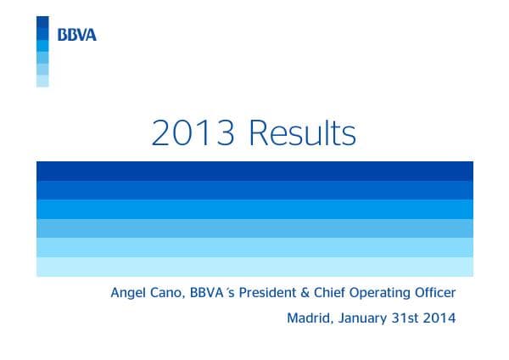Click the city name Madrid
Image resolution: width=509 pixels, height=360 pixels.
307,319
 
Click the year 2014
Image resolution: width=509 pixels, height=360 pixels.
439,319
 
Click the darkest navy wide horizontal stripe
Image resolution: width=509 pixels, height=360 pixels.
255,170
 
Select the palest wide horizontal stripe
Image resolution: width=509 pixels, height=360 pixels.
255,267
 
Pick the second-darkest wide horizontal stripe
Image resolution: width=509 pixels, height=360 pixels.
255,189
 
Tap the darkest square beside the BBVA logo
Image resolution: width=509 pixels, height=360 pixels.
42,22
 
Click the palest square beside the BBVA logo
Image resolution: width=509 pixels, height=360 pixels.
42,82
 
